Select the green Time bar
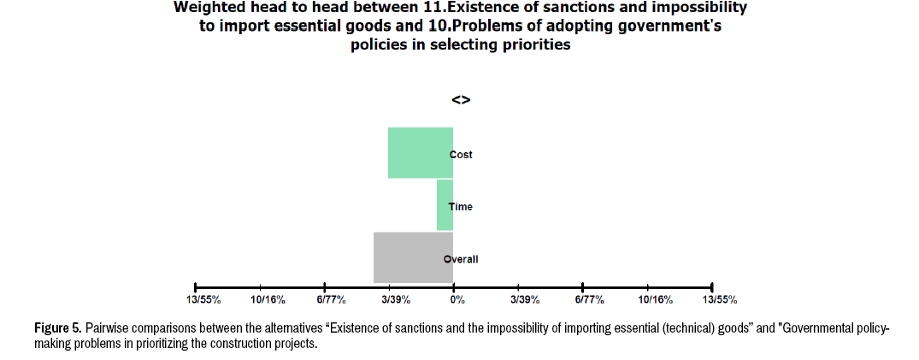(445, 205)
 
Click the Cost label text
(462, 155)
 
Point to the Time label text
(461, 207)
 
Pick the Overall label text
(462, 259)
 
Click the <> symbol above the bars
(461, 100)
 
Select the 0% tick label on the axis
(457, 300)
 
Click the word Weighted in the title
(209, 8)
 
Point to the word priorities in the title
(530, 45)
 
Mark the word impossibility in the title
(693, 8)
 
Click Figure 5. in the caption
(58, 328)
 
